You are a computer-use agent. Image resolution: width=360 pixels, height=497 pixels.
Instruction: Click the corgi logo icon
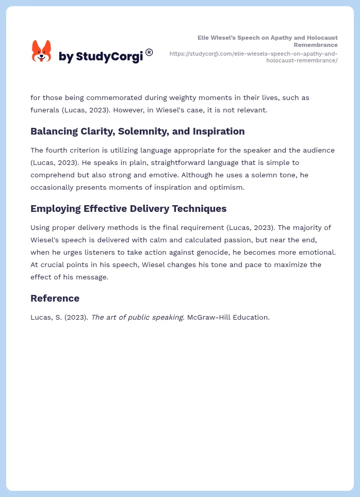click(x=41, y=51)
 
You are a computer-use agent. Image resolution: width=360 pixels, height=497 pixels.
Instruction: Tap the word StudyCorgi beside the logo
click(x=109, y=57)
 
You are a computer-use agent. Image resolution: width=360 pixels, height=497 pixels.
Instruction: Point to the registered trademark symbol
click(x=149, y=52)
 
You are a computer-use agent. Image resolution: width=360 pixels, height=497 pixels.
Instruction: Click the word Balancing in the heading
click(x=54, y=131)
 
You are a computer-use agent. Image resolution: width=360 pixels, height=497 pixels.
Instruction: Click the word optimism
click(x=226, y=187)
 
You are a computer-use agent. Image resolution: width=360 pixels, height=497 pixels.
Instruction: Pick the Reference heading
click(x=55, y=299)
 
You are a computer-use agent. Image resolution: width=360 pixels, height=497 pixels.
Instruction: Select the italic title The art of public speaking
click(x=137, y=317)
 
